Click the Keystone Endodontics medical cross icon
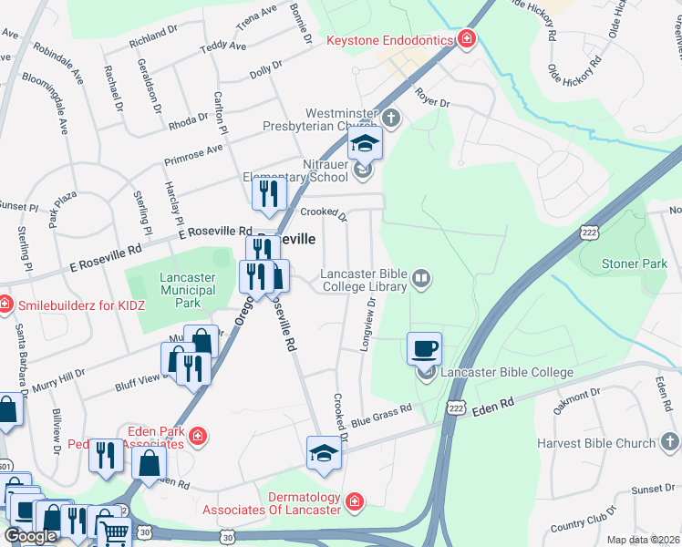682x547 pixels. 467,38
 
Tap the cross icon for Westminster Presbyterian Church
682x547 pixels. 391,117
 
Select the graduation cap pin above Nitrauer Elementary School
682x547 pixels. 365,143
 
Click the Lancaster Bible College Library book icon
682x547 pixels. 420,277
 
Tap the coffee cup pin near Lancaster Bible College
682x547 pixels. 425,347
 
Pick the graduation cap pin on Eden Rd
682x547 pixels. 324,452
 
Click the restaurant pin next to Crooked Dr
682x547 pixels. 269,193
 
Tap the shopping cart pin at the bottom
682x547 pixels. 114,532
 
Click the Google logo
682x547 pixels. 30,536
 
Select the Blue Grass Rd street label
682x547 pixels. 381,415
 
